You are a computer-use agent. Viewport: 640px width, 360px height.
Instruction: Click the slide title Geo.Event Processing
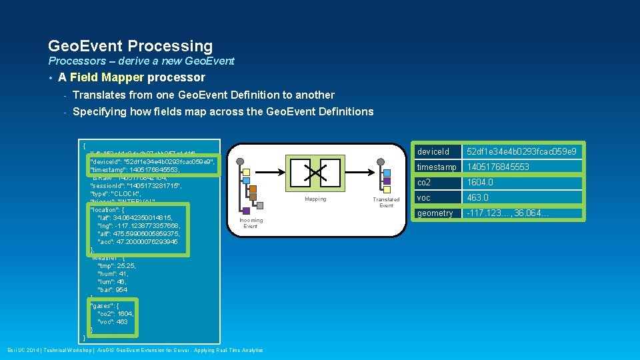(x=130, y=46)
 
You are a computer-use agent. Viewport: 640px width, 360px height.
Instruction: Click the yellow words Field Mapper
(x=107, y=77)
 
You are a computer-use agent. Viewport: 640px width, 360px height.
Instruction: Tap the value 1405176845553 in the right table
(x=498, y=167)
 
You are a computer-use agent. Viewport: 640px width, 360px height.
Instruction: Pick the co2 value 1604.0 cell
(x=479, y=182)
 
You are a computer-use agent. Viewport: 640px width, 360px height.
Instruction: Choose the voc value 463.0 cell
(x=477, y=197)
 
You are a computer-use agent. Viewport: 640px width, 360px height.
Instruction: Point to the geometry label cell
(x=435, y=213)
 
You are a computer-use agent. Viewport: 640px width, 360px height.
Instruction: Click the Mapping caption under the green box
(x=315, y=199)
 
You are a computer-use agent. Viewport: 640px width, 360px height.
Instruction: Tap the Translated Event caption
(x=386, y=202)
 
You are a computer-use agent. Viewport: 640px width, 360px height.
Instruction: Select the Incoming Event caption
(x=251, y=223)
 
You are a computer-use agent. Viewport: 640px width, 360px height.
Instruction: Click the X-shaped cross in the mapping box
(x=315, y=173)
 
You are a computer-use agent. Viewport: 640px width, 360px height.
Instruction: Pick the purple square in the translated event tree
(x=386, y=181)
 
